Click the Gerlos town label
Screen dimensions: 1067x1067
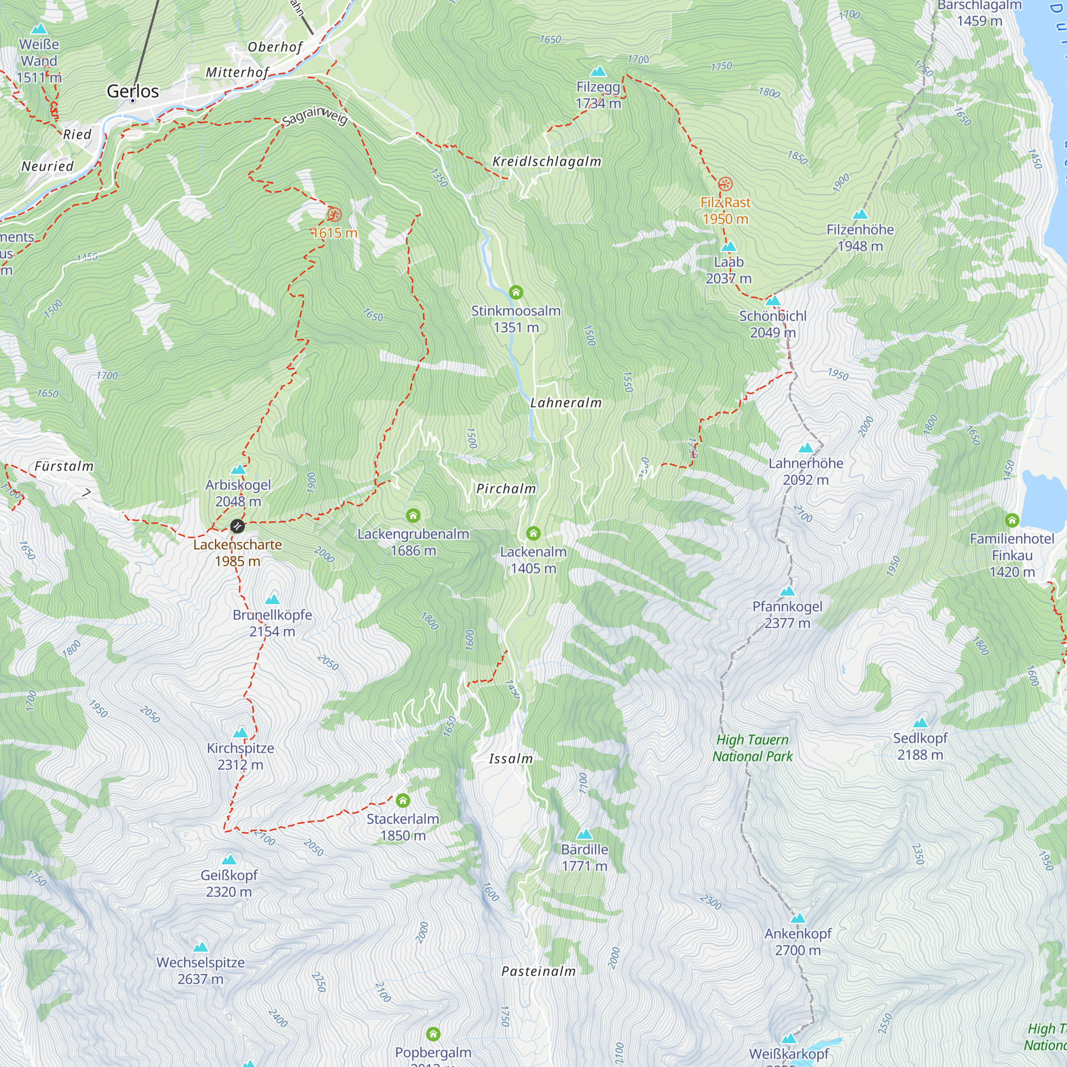pyautogui.click(x=132, y=91)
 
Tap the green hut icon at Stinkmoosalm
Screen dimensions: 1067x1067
pyautogui.click(x=516, y=292)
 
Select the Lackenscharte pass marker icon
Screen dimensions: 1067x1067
pyautogui.click(x=237, y=526)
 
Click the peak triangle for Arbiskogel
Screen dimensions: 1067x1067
pyautogui.click(x=238, y=469)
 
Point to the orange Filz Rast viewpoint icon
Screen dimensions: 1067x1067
pyautogui.click(x=725, y=184)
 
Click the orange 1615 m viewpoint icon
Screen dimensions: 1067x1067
pyautogui.click(x=334, y=214)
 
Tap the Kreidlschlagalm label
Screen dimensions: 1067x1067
pyautogui.click(x=546, y=162)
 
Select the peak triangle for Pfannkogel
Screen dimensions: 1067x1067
pyautogui.click(x=787, y=592)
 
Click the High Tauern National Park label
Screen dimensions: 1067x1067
pyautogui.click(x=752, y=748)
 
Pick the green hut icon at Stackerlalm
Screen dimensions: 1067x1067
pyautogui.click(x=403, y=800)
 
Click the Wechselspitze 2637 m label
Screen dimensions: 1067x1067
pyautogui.click(x=201, y=970)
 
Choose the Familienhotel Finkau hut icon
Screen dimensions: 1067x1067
pyautogui.click(x=1012, y=520)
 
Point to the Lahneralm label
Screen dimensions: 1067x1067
pyautogui.click(x=566, y=403)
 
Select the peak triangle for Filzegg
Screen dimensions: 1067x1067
pyautogui.click(x=598, y=72)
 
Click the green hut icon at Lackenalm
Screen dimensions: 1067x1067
pyautogui.click(x=533, y=533)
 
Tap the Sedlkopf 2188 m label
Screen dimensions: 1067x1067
pyautogui.click(x=920, y=746)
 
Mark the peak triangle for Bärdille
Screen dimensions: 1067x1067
pyautogui.click(x=584, y=834)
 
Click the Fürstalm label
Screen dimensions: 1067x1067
pyautogui.click(x=64, y=467)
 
